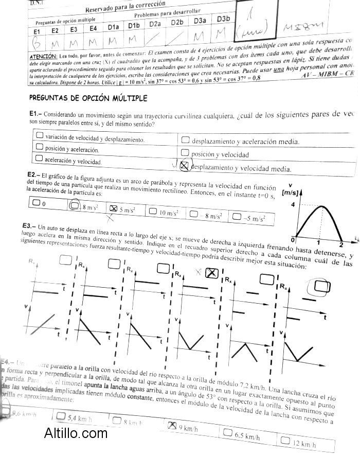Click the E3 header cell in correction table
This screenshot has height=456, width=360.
click(x=74, y=30)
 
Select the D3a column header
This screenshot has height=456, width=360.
click(x=200, y=21)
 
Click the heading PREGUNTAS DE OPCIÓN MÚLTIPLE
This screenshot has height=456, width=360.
click(x=88, y=98)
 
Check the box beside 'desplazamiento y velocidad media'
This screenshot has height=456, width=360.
click(x=185, y=166)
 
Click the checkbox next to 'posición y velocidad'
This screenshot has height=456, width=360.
click(x=185, y=153)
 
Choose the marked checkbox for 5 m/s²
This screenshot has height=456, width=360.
click(x=114, y=208)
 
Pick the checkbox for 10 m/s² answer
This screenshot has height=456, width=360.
click(x=153, y=211)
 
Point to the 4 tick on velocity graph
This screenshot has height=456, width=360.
click(x=293, y=205)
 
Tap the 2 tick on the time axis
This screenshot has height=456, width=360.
click(x=341, y=244)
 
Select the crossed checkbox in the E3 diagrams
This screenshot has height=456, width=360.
click(x=211, y=273)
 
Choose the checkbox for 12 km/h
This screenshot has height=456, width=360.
click(x=286, y=441)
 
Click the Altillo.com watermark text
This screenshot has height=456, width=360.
click(x=76, y=434)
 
